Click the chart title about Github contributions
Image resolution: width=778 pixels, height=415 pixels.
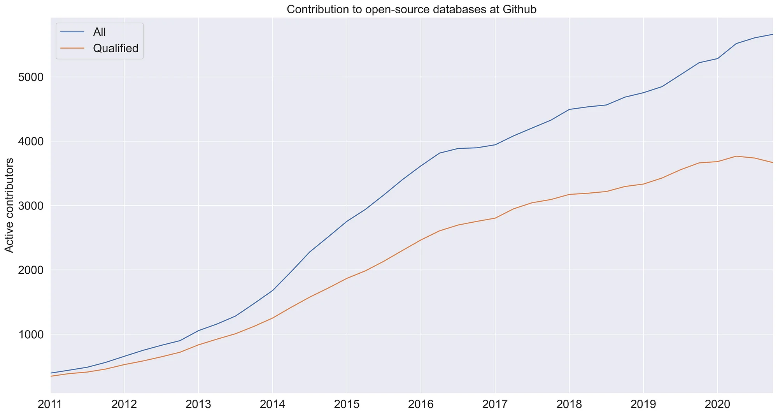pos(412,9)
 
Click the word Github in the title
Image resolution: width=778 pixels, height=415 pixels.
pos(519,9)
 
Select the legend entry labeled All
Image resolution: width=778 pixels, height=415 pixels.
pos(100,32)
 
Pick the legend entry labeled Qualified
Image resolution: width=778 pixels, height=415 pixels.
pos(116,49)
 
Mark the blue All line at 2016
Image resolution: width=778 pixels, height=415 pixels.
pos(421,166)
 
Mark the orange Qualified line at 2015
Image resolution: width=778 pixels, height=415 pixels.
pos(347,278)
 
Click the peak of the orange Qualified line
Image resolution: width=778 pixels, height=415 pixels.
pos(736,156)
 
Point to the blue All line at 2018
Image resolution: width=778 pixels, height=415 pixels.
pos(569,109)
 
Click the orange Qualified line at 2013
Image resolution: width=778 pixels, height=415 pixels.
pos(198,345)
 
